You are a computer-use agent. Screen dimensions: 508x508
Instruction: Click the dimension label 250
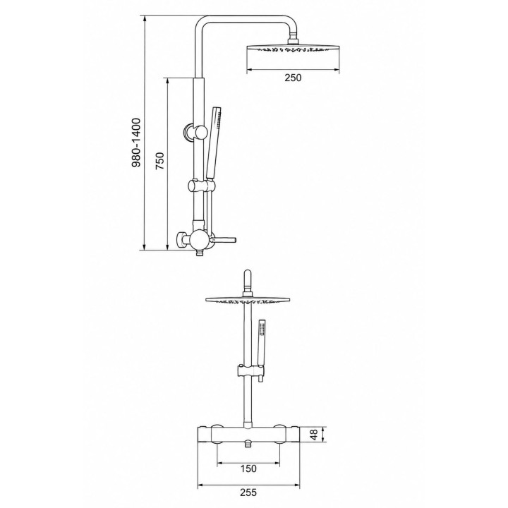click(293, 78)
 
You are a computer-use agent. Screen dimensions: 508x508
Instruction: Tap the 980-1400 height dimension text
click(137, 143)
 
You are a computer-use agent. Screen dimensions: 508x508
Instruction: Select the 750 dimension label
click(160, 161)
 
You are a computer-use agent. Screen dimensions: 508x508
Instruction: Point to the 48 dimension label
click(313, 435)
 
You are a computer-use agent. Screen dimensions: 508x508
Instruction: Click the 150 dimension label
click(248, 468)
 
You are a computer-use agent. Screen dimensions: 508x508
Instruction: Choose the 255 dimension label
click(248, 492)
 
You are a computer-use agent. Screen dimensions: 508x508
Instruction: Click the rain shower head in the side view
click(294, 48)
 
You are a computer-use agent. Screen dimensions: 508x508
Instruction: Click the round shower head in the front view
click(248, 299)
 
